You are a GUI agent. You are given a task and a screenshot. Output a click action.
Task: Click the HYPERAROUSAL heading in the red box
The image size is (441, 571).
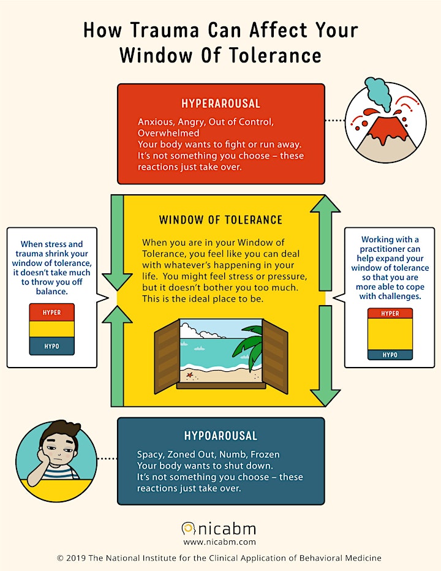coord(221,104)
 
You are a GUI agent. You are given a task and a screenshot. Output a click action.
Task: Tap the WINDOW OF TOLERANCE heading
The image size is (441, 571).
coord(221,220)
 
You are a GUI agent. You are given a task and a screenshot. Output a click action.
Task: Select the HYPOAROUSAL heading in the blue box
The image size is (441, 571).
coord(221,436)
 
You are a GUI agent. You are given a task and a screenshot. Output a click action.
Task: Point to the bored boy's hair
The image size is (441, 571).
coord(60,429)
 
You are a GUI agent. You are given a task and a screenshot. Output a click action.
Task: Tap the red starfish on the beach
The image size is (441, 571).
coord(189,374)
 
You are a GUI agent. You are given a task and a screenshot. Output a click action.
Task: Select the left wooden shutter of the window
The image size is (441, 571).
coord(167,357)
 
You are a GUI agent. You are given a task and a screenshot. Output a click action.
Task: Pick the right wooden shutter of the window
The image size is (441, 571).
coord(275,357)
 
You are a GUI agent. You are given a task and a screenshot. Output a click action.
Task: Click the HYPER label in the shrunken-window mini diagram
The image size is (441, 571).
coord(51,312)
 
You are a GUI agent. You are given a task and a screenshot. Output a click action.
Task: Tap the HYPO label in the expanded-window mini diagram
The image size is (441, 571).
coord(390,355)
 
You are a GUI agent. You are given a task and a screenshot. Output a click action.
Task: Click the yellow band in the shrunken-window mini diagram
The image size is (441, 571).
coord(51,329)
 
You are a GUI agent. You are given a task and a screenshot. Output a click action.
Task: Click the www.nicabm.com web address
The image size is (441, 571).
coord(220,542)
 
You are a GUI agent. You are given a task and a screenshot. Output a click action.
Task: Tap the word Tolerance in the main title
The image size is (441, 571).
coord(275,55)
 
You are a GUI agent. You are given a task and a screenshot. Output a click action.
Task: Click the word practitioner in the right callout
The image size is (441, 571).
coord(390,249)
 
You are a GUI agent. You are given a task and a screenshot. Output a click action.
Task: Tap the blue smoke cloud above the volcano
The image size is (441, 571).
coord(378,94)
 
